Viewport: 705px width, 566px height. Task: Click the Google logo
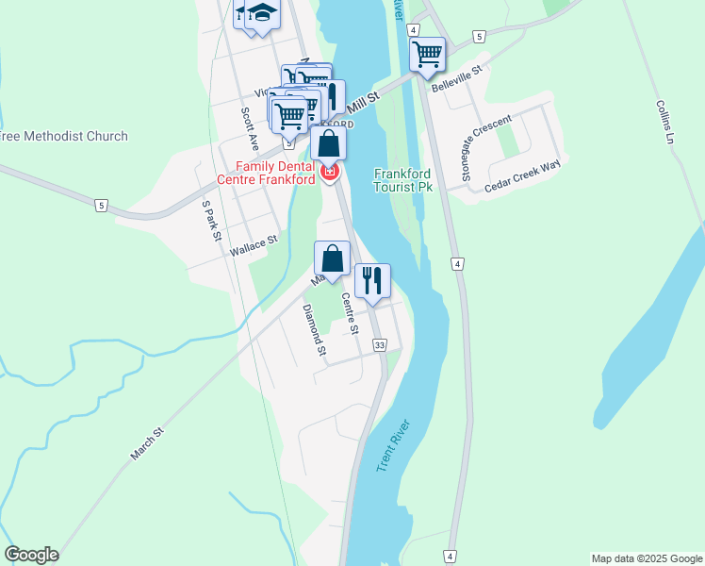point(31,555)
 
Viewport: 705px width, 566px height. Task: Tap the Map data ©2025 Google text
point(646,558)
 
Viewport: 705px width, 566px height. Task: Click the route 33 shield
point(379,346)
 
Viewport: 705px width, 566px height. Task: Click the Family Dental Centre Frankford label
point(266,173)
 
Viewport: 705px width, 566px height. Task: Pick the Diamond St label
point(314,330)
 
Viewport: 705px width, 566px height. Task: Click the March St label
point(148,443)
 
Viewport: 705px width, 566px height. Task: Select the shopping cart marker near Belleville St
point(427,55)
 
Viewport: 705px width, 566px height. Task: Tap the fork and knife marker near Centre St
point(372,280)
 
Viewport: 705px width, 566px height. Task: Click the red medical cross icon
point(330,172)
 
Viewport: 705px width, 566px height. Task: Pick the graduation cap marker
point(264,15)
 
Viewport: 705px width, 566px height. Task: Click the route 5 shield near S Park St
point(100,205)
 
